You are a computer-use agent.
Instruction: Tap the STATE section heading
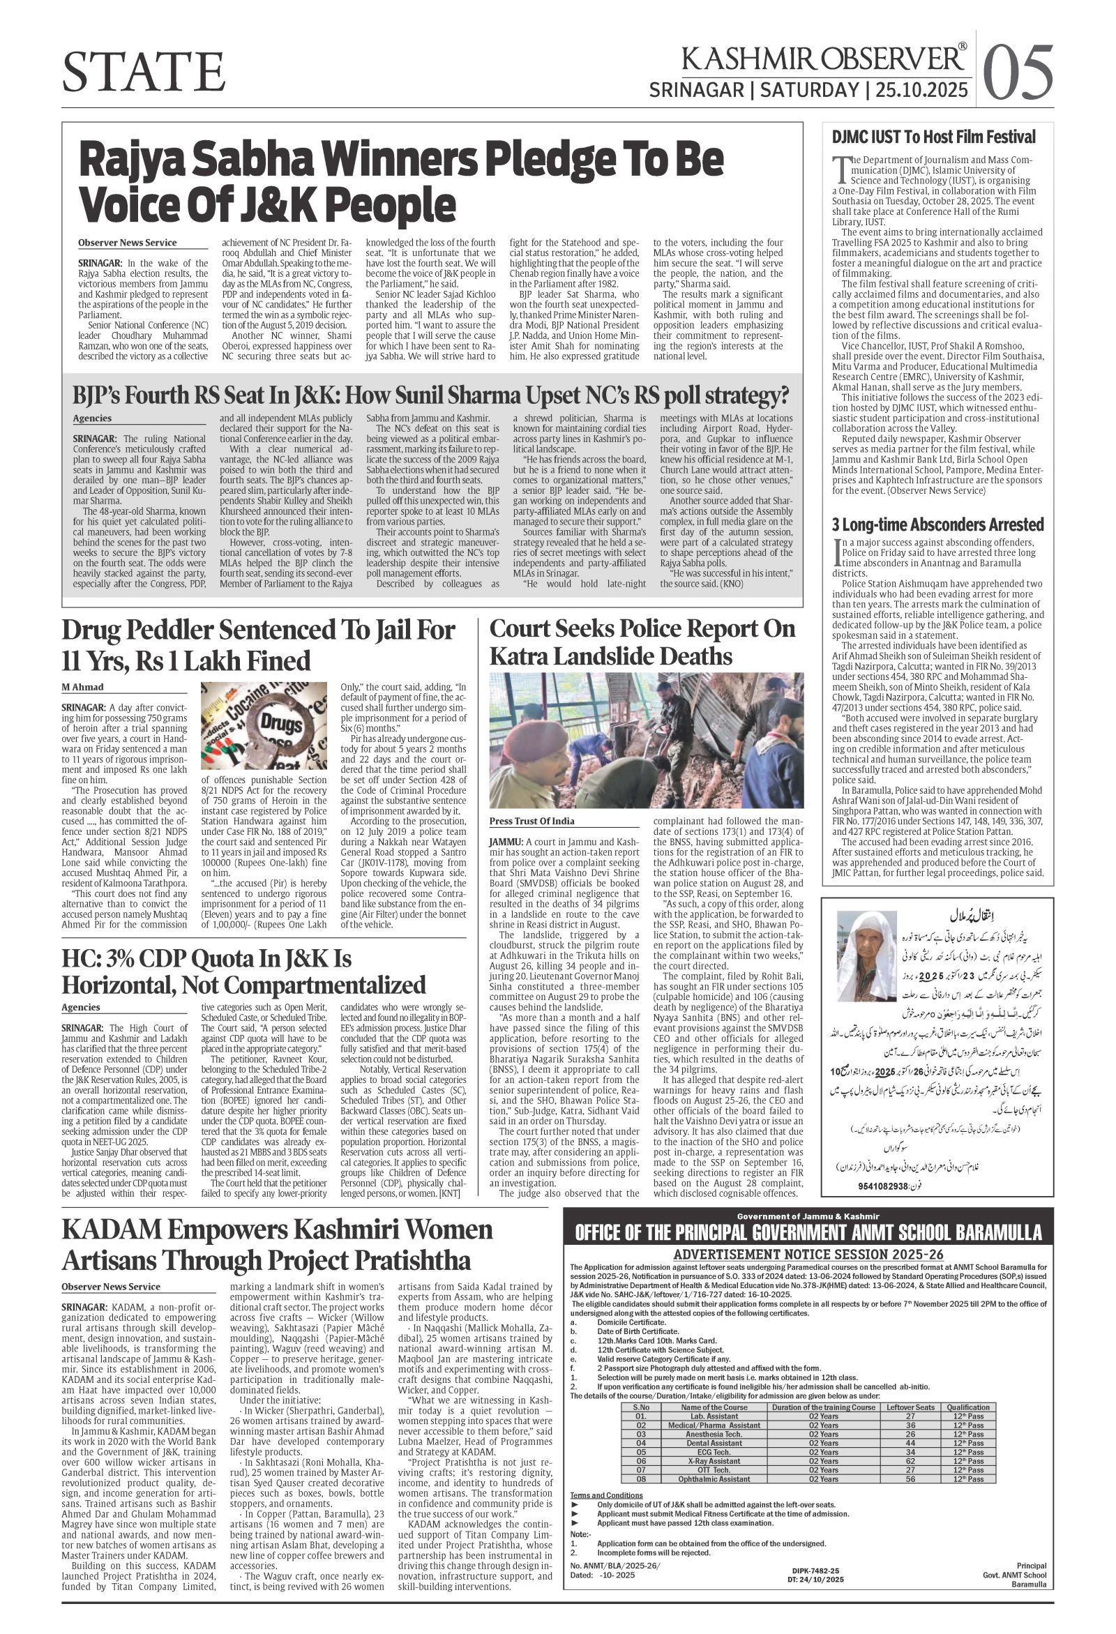[144, 72]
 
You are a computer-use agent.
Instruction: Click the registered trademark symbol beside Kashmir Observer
[962, 47]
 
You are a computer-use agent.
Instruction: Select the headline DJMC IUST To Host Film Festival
[934, 137]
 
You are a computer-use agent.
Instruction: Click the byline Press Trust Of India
[531, 821]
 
